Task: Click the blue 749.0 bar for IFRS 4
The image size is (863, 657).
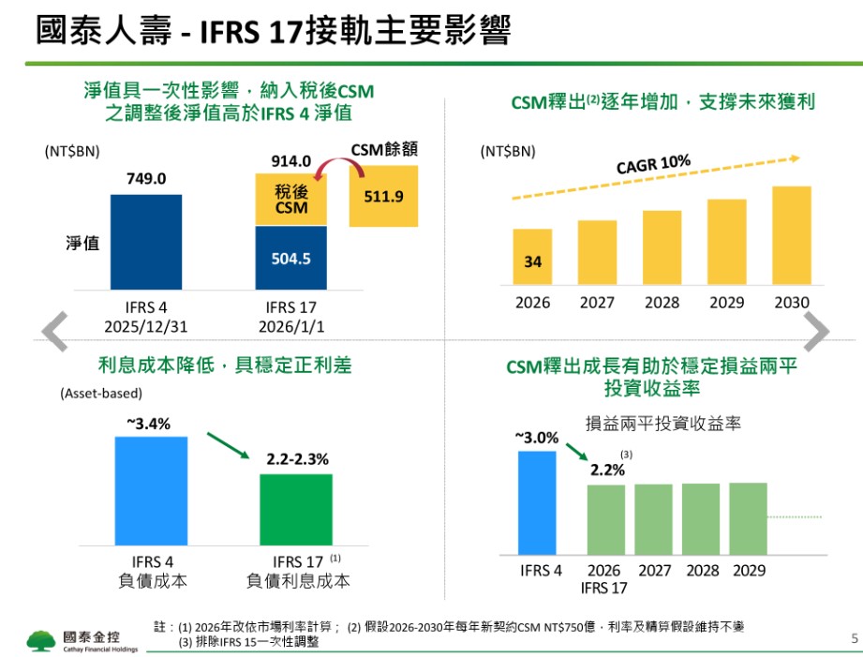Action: [x=145, y=242]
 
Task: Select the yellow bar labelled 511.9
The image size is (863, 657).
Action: [x=383, y=196]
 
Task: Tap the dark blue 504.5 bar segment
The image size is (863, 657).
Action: [x=290, y=258]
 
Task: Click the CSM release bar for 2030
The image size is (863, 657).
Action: [x=791, y=235]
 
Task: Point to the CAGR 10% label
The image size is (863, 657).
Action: [x=653, y=165]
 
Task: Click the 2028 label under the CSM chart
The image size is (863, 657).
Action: [x=662, y=303]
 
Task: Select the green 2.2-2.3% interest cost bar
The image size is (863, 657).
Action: [x=296, y=510]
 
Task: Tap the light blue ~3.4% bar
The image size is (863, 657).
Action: [x=151, y=491]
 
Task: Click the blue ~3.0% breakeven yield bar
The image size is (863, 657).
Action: [x=537, y=502]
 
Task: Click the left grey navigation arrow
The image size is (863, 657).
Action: [x=55, y=330]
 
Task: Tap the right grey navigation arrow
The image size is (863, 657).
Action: [x=816, y=330]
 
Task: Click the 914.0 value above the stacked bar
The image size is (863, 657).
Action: [x=290, y=161]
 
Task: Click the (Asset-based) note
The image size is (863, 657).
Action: [x=101, y=395]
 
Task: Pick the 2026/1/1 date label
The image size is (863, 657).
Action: [x=291, y=324]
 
